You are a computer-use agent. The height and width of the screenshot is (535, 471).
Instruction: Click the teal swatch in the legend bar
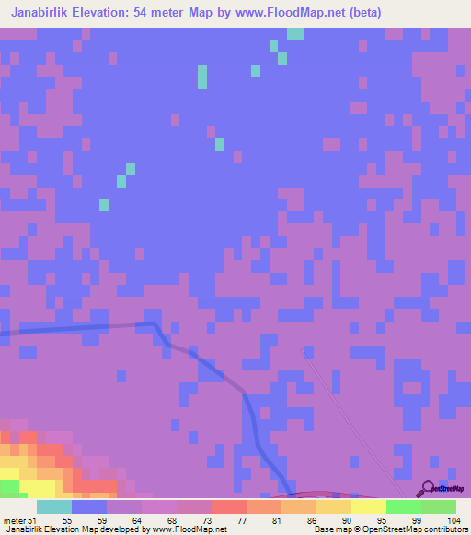pyautogui.click(x=54, y=507)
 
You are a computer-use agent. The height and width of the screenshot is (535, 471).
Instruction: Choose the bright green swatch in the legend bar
pyautogui.click(x=404, y=507)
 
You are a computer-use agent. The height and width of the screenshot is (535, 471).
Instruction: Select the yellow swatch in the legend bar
pyautogui.click(x=369, y=507)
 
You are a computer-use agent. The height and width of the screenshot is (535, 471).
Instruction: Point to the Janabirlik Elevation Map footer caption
pyautogui.click(x=55, y=529)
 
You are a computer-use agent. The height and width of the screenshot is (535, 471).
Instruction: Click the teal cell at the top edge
pyautogui.click(x=295, y=34)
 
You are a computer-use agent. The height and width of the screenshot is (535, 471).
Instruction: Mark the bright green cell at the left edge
pyautogui.click(x=8, y=485)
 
